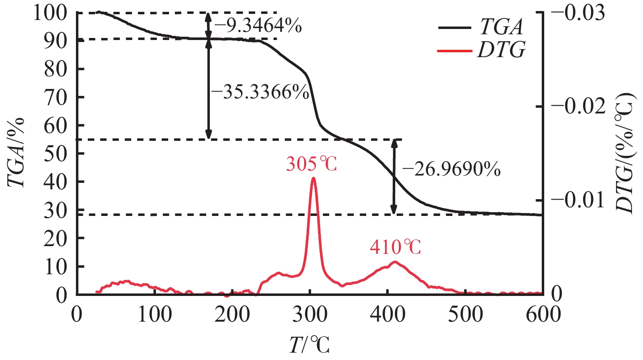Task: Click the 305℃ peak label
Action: (x=311, y=164)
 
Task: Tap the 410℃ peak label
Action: (x=395, y=247)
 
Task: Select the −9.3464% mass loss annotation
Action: (x=258, y=26)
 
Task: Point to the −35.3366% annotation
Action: (x=260, y=92)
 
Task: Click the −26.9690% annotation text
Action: (x=451, y=169)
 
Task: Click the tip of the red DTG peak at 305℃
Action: (x=313, y=178)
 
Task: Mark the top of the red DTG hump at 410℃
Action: (x=395, y=262)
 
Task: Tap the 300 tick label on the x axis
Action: (x=310, y=314)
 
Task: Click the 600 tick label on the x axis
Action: (x=543, y=314)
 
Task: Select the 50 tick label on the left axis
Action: (x=56, y=153)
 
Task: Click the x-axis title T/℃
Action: (x=309, y=345)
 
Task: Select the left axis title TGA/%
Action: (x=16, y=153)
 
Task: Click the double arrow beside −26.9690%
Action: (x=394, y=177)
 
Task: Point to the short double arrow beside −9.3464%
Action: (x=209, y=26)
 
